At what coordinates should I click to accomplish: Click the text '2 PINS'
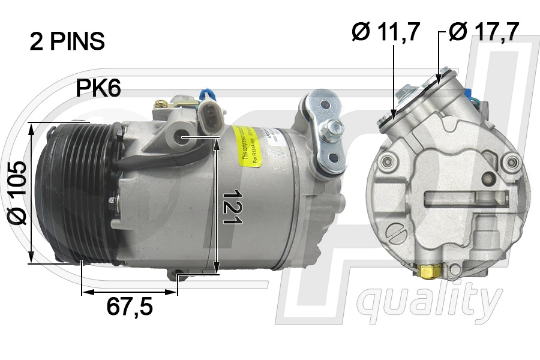[67, 41]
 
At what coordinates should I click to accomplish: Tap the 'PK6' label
[98, 89]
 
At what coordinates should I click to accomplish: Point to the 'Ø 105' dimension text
[18, 192]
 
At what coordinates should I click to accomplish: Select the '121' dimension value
[232, 207]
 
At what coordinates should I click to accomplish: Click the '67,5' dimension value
[130, 307]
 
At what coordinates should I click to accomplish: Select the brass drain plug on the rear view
[428, 273]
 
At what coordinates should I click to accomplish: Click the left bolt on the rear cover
[385, 161]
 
